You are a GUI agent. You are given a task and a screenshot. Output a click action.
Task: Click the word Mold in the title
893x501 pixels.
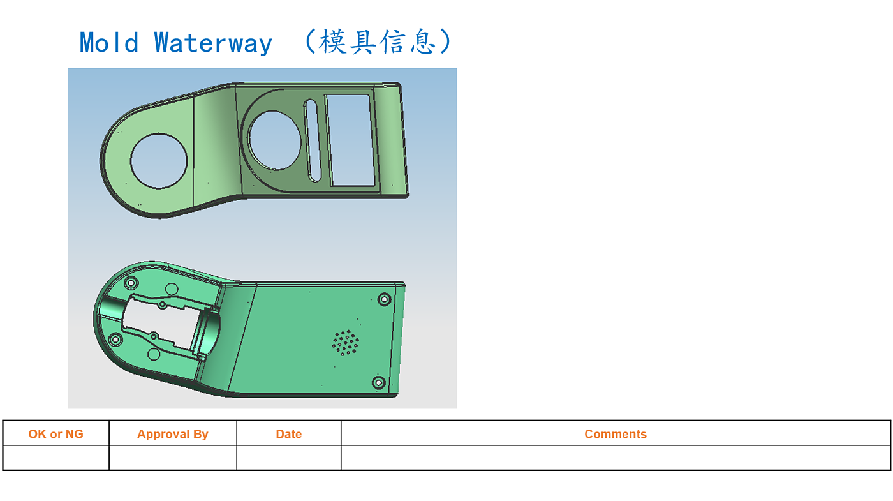108,43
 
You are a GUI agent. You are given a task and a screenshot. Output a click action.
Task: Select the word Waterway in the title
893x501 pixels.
213,43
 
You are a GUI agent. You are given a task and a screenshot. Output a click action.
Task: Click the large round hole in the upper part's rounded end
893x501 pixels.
159,160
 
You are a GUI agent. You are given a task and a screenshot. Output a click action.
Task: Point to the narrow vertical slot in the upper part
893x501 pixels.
313,140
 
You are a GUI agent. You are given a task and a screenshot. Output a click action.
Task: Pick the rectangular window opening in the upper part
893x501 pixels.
348,140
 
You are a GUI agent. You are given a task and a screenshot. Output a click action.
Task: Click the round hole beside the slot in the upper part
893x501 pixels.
275,140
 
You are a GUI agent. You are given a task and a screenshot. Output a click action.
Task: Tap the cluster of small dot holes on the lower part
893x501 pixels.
346,343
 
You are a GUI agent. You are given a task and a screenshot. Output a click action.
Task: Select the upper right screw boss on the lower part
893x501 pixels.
384,299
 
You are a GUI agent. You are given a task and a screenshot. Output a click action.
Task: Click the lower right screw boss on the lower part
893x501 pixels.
378,383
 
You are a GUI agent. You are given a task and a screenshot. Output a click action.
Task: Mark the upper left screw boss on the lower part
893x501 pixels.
131,283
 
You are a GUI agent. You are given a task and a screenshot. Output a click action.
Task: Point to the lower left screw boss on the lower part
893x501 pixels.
115,339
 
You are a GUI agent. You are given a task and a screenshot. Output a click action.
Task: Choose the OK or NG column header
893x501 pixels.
56,434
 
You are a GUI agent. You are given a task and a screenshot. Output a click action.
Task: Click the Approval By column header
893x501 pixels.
173,434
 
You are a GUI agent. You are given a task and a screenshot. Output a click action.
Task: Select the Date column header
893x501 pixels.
289,434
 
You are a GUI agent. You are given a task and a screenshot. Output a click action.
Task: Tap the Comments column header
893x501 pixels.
616,434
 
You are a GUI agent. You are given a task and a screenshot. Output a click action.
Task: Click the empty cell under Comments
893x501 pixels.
616,458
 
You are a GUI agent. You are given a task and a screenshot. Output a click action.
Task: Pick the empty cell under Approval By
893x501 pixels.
173,458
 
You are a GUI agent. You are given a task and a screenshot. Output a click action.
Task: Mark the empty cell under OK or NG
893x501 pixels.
56,458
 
